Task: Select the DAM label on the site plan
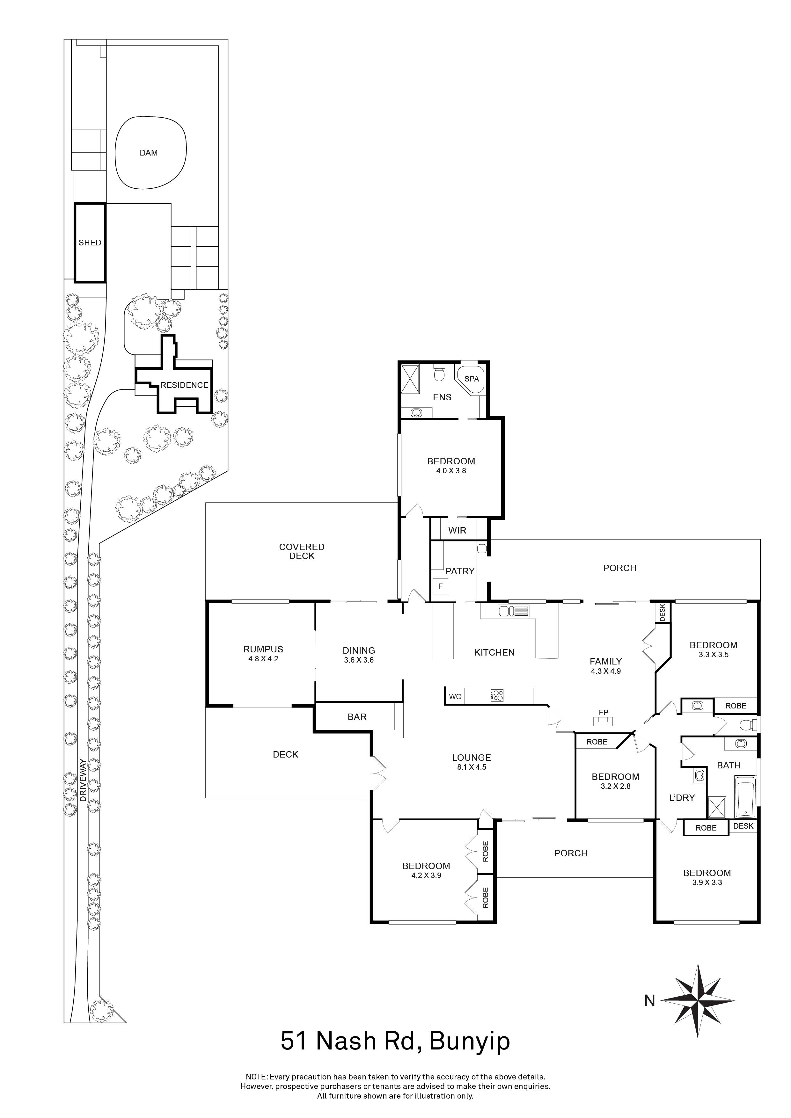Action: coord(149,153)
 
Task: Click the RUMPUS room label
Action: coord(263,649)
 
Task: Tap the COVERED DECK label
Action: coord(302,551)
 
